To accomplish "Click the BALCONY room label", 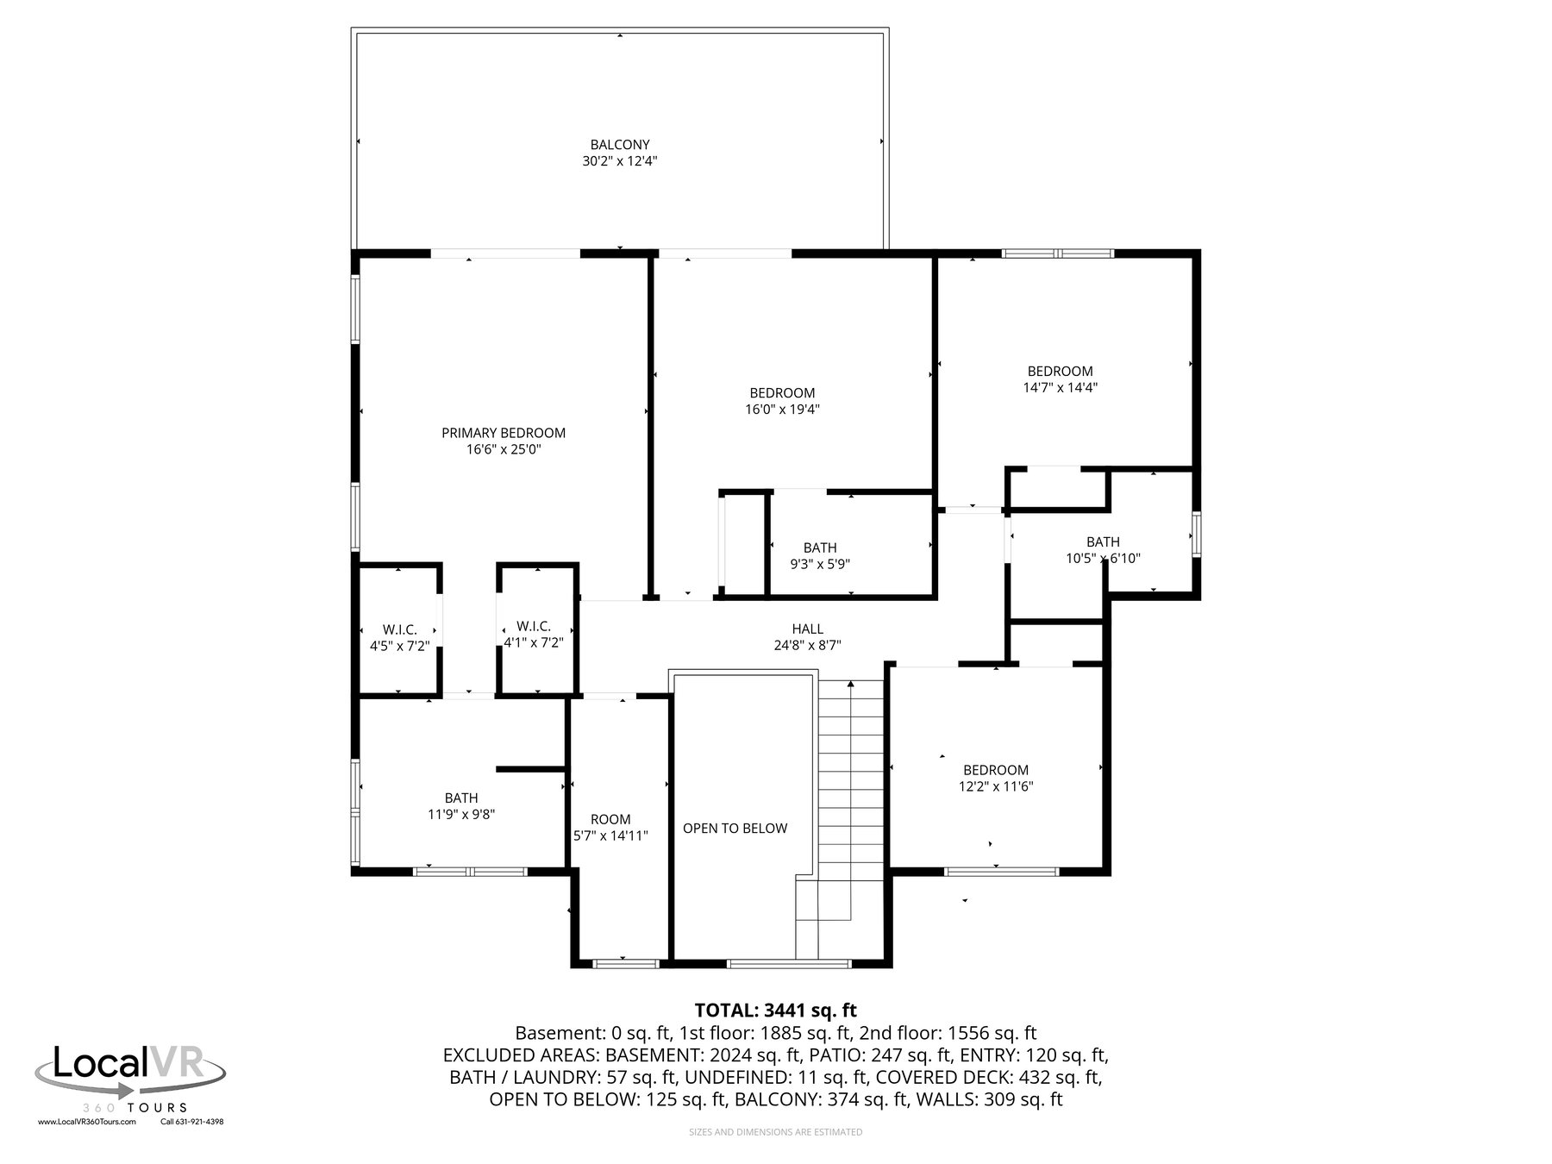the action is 620,145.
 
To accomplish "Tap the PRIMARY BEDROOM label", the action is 504,433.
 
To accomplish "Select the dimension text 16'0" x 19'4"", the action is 782,410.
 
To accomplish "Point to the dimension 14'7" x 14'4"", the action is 1061,388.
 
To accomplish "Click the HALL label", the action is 808,629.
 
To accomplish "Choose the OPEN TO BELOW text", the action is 735,829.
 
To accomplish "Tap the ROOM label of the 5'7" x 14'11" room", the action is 610,819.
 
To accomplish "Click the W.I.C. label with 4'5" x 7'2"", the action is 400,630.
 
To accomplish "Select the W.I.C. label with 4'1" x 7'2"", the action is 534,626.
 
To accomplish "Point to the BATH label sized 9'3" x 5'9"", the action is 820,548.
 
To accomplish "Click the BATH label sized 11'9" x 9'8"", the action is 461,798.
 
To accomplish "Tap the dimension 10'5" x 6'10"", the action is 1104,559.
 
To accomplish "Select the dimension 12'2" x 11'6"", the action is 996,786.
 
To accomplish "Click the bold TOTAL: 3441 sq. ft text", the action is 776,1010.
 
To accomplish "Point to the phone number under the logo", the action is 192,1122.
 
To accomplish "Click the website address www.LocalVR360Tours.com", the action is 87,1122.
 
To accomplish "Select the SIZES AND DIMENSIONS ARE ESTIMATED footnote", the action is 776,1132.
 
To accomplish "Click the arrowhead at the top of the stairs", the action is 851,684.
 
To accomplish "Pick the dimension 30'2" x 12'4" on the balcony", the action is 620,161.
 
